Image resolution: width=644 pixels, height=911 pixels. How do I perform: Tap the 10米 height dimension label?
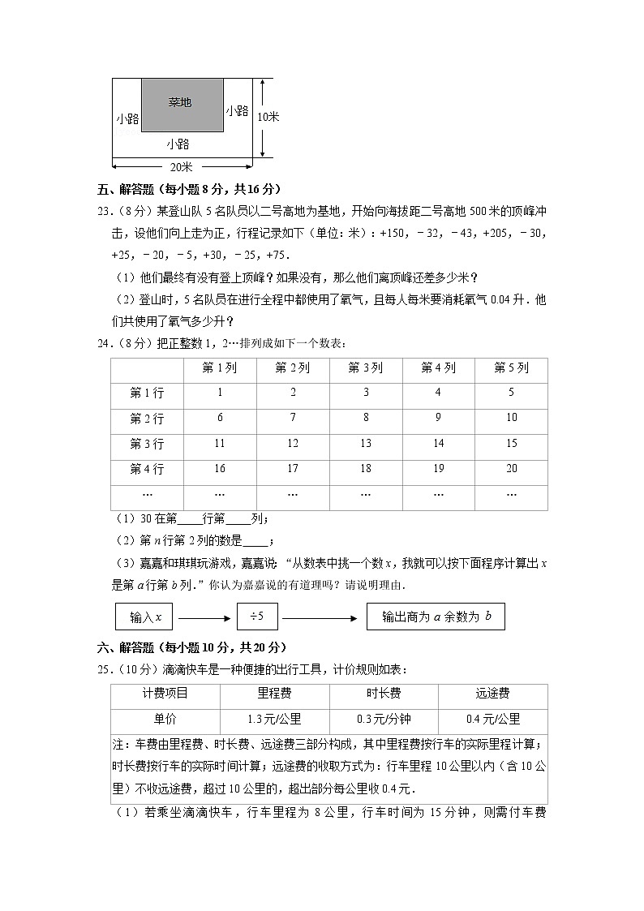click(x=268, y=117)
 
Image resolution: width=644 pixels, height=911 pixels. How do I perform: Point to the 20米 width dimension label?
click(x=181, y=167)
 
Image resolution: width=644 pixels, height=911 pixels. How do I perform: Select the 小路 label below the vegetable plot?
click(x=178, y=144)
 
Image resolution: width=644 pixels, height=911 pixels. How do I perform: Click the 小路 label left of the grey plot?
click(x=127, y=118)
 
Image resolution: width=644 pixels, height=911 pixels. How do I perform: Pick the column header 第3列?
click(x=365, y=368)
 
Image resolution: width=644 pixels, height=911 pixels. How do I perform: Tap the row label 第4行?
click(x=147, y=469)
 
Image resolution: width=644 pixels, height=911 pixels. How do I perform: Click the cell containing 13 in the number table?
click(x=365, y=443)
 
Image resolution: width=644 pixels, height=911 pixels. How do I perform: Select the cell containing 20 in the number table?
click(x=511, y=468)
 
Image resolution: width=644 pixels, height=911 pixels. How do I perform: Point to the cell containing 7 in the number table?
click(x=293, y=418)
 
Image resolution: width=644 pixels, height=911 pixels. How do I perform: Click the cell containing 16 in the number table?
click(x=220, y=468)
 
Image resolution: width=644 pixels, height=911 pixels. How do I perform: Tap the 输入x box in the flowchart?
click(x=145, y=617)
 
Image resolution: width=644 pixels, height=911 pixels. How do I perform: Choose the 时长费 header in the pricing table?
click(x=383, y=694)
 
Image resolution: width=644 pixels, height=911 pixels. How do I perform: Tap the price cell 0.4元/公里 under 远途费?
click(x=492, y=719)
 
